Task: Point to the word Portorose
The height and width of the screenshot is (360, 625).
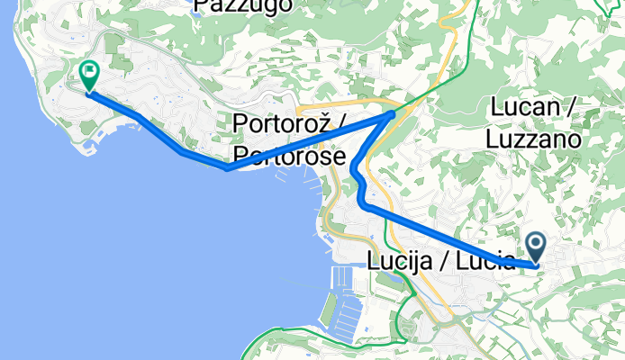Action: click(288, 155)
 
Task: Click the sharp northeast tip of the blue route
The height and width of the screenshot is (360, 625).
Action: click(394, 114)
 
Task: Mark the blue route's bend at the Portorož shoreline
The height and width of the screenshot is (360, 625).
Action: click(227, 167)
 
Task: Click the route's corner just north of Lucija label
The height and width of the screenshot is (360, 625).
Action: click(366, 206)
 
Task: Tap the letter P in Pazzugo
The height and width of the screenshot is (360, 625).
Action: click(201, 6)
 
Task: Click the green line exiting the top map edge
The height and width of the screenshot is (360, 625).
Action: click(468, 3)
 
